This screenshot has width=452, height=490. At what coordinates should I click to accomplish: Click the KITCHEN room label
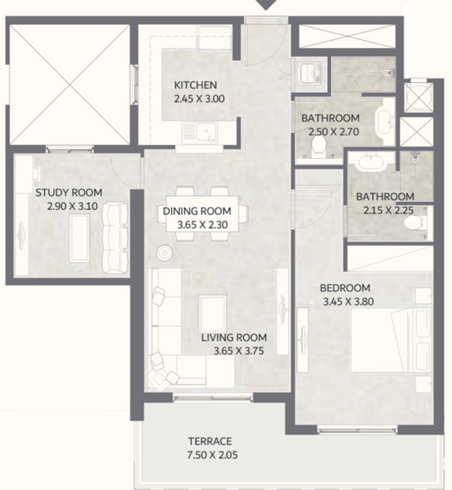(x=195, y=85)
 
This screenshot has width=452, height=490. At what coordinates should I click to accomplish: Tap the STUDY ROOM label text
(x=69, y=193)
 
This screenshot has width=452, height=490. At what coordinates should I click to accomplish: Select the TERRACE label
(x=210, y=441)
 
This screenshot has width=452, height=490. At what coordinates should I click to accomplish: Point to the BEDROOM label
(x=345, y=288)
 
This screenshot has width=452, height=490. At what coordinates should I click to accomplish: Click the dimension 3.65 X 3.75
(x=238, y=351)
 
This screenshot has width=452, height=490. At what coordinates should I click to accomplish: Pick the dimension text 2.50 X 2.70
(x=334, y=132)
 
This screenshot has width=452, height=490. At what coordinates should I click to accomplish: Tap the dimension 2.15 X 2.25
(x=388, y=210)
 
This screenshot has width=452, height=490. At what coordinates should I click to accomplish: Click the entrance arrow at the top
(x=265, y=5)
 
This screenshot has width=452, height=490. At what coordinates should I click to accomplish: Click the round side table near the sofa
(x=165, y=253)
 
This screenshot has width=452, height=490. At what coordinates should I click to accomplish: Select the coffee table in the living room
(x=212, y=313)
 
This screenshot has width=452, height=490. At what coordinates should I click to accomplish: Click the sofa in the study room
(x=115, y=238)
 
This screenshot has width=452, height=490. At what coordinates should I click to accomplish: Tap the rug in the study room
(x=79, y=238)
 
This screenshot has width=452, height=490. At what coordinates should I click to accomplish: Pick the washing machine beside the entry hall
(x=309, y=74)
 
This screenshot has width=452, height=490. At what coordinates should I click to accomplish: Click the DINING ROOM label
(x=197, y=211)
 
